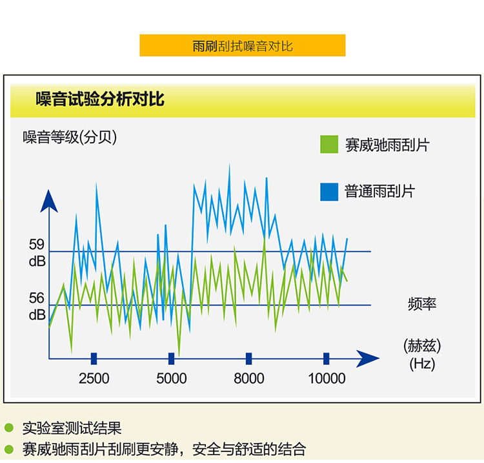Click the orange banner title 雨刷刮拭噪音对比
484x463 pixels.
point(242,46)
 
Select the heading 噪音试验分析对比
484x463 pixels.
point(100,99)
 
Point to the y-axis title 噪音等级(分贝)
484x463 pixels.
point(70,137)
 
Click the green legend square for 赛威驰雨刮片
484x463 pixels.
point(329,144)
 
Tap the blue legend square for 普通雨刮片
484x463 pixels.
point(329,192)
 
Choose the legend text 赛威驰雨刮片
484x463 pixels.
point(387,145)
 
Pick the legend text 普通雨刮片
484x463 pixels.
point(379,191)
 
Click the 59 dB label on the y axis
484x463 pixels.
point(37,253)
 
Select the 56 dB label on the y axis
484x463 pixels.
point(37,306)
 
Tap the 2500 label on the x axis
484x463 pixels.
point(94,378)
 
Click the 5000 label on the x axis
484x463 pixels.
point(171,378)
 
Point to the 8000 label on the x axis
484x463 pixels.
point(249,378)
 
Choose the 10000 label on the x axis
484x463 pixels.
point(327,378)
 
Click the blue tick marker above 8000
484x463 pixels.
point(249,358)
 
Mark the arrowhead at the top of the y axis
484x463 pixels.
point(49,201)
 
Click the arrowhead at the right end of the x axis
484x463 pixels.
point(367,358)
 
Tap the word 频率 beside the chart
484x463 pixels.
point(422,304)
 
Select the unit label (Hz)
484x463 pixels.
point(422,364)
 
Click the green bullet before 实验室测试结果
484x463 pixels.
point(9,427)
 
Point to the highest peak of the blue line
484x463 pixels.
point(229,164)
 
